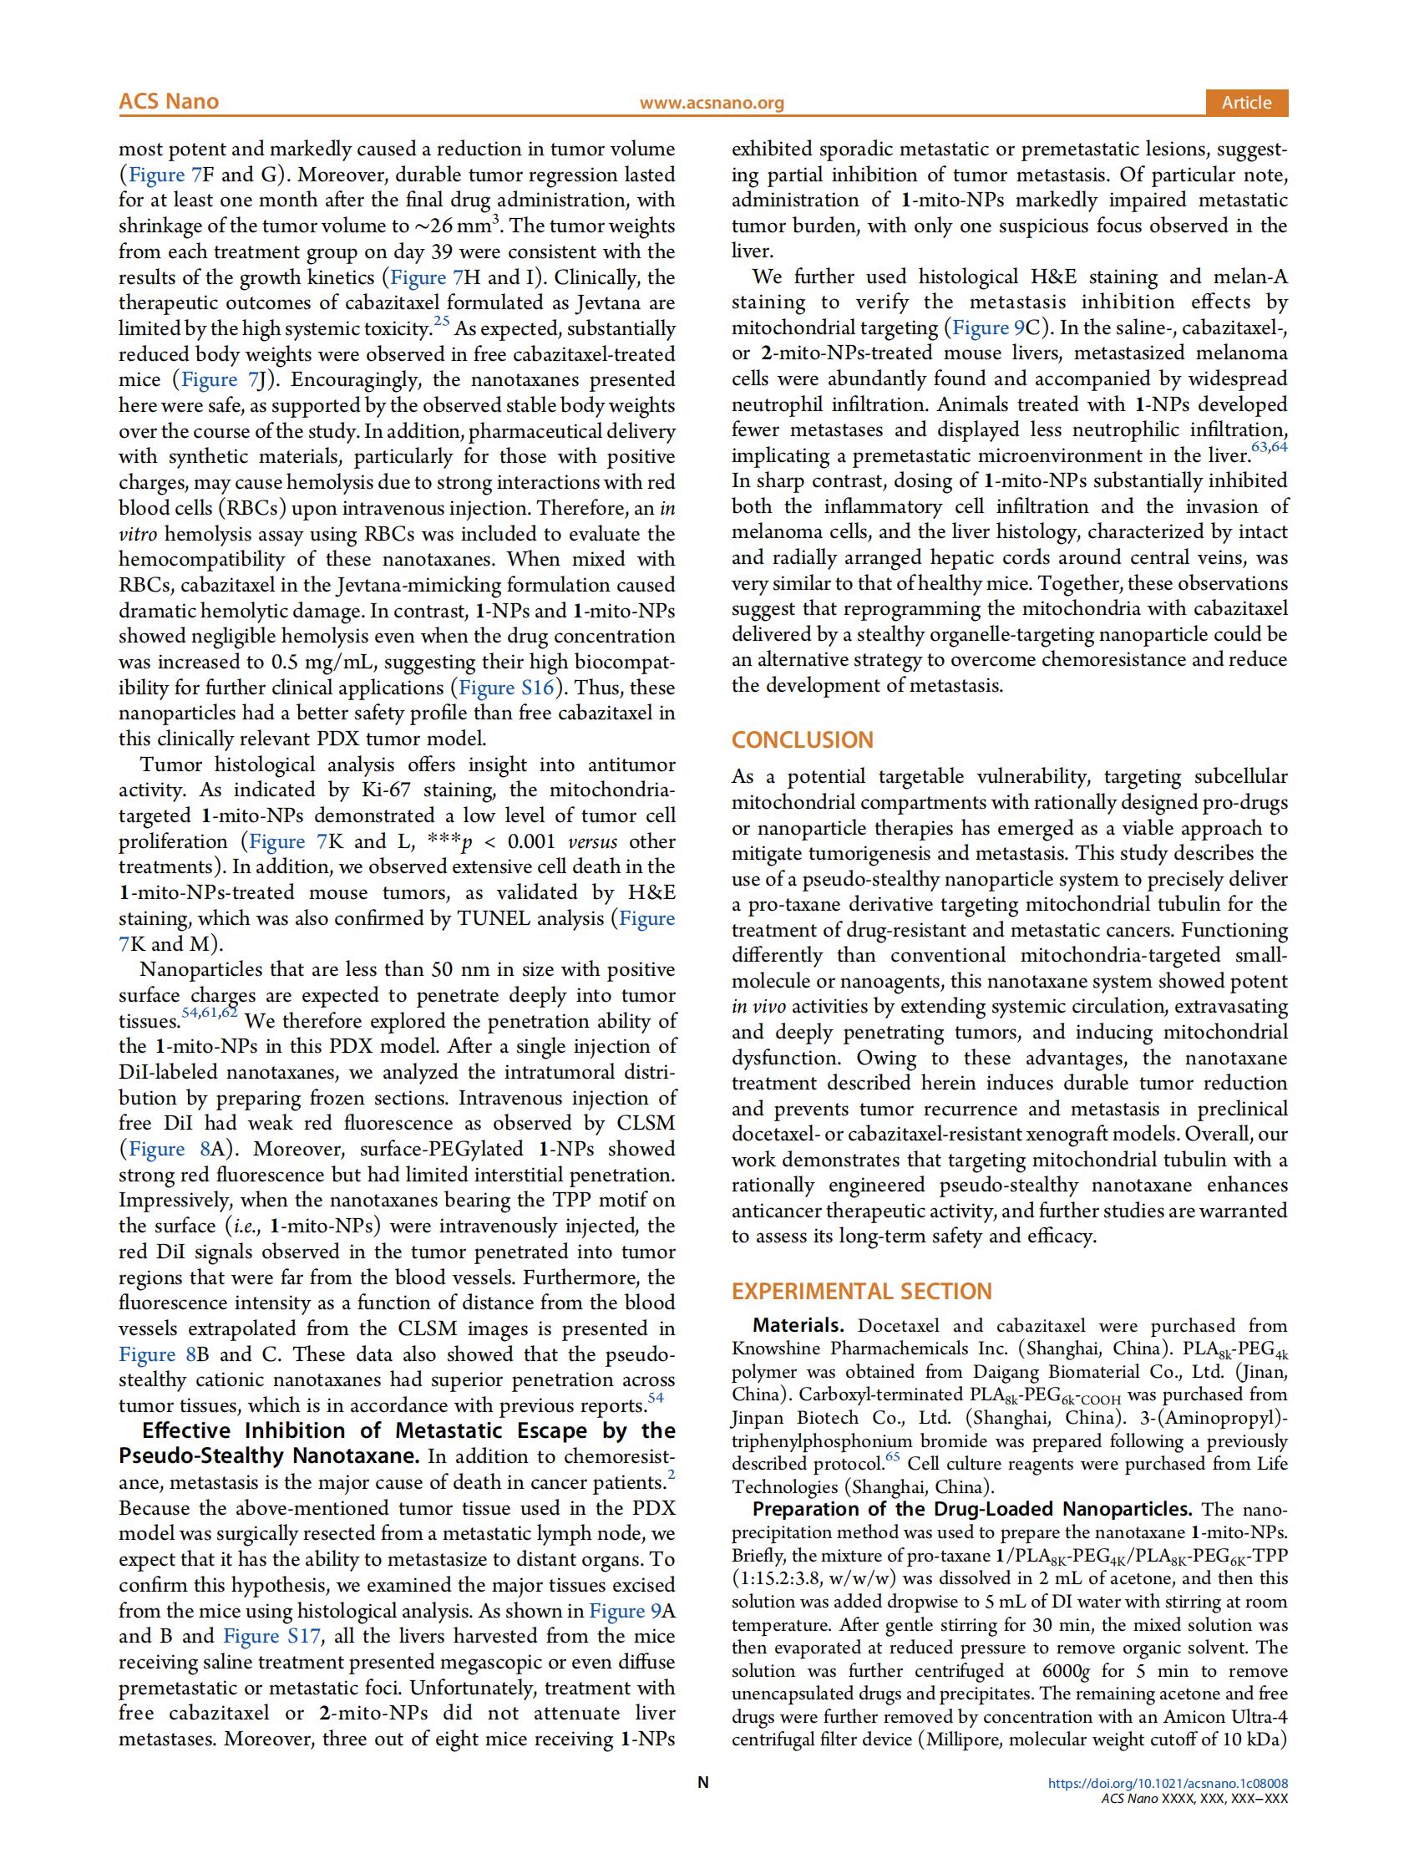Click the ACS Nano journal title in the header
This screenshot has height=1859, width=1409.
168,102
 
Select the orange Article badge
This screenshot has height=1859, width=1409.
1246,103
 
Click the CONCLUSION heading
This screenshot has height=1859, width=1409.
802,739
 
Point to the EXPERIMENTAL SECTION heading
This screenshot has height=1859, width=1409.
861,1291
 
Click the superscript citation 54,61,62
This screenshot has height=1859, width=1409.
209,1013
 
